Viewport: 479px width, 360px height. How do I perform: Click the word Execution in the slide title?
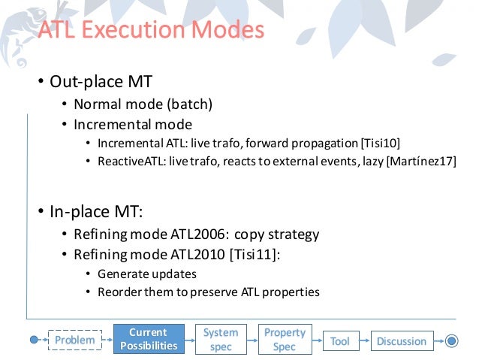coord(133,30)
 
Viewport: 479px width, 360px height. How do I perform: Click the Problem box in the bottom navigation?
coord(74,340)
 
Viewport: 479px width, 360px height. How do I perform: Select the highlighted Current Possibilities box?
coord(148,339)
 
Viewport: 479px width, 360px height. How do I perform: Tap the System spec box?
coord(221,339)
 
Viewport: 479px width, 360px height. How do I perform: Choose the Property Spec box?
coord(285,339)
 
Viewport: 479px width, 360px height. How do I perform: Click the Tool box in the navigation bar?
coord(339,341)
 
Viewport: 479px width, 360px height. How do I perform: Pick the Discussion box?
coord(401,341)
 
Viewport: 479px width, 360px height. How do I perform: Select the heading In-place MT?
coord(95,211)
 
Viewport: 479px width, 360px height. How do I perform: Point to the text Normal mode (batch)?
coord(143,104)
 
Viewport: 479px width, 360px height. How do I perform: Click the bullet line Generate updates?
coord(147,274)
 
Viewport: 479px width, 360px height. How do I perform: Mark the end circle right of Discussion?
coord(450,341)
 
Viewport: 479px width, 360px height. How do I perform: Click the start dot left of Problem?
coord(34,340)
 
